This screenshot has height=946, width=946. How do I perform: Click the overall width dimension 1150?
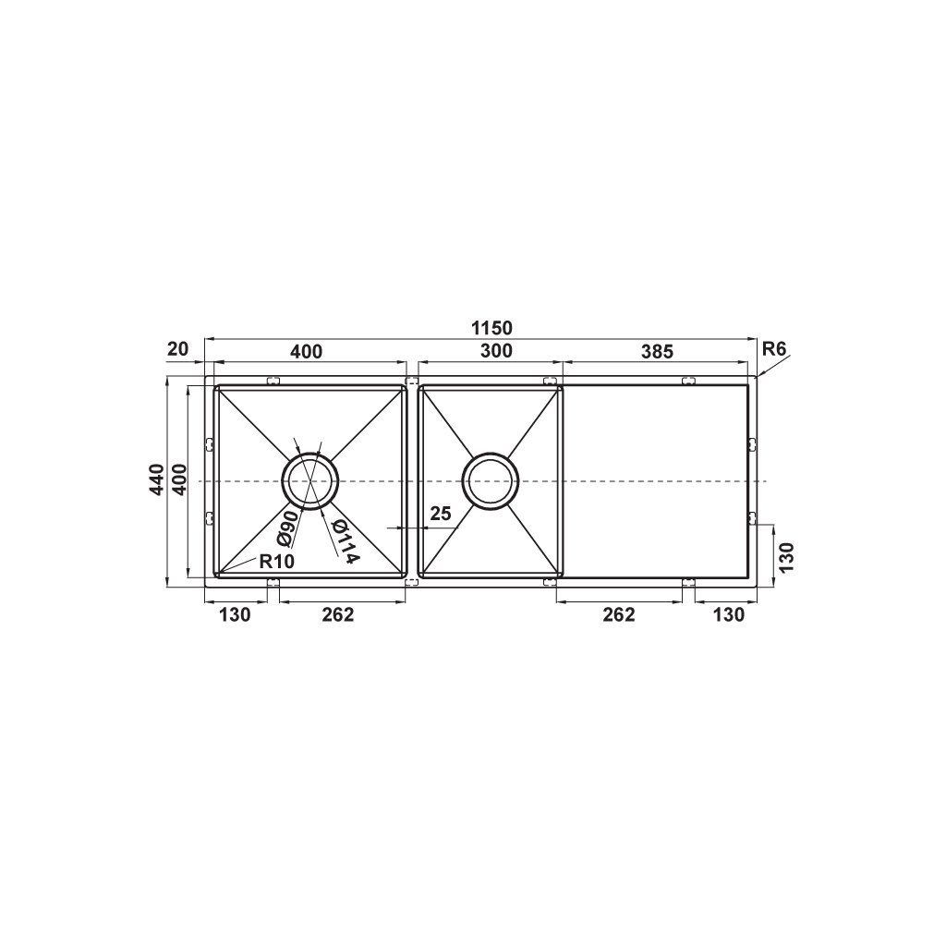[x=492, y=328]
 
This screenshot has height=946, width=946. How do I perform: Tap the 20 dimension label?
[x=178, y=348]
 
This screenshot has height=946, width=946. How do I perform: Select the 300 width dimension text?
[x=496, y=350]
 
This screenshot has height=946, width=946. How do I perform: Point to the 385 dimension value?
[x=657, y=351]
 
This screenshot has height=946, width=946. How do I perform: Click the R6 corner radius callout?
[x=774, y=348]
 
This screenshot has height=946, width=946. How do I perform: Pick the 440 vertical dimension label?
[x=157, y=479]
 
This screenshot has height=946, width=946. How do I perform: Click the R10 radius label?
[x=276, y=562]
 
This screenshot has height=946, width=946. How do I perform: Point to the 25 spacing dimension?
[x=441, y=514]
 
